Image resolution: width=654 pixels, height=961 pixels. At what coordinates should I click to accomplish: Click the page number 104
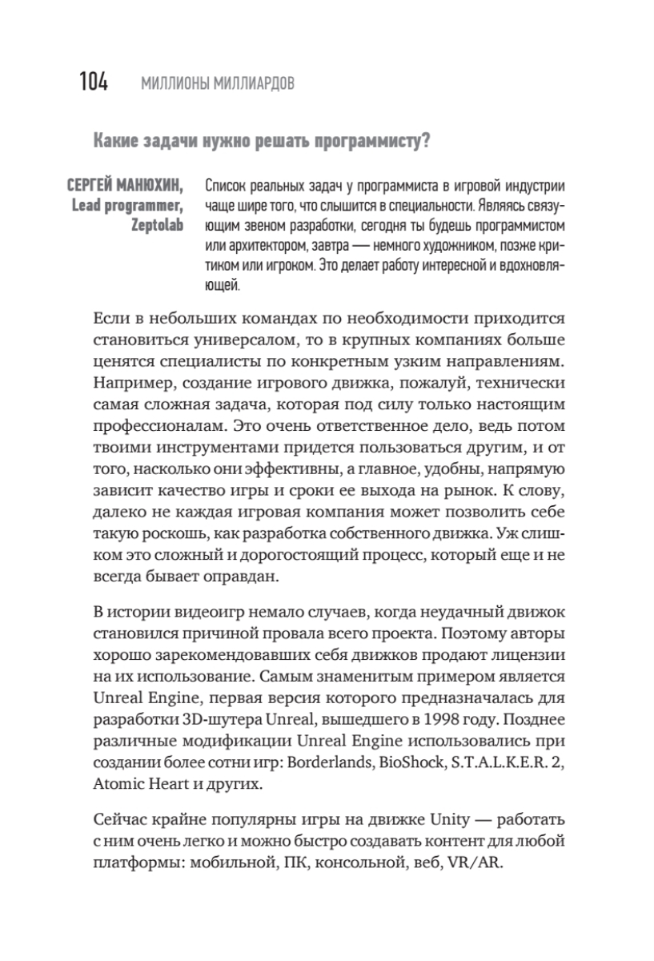pos(94,82)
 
